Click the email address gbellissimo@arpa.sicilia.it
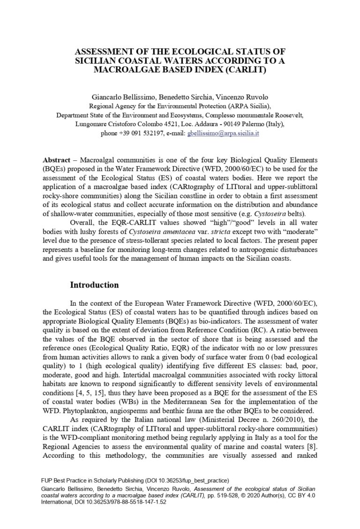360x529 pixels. pyautogui.click(x=223, y=133)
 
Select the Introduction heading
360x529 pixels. pyautogui.click(x=94, y=285)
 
